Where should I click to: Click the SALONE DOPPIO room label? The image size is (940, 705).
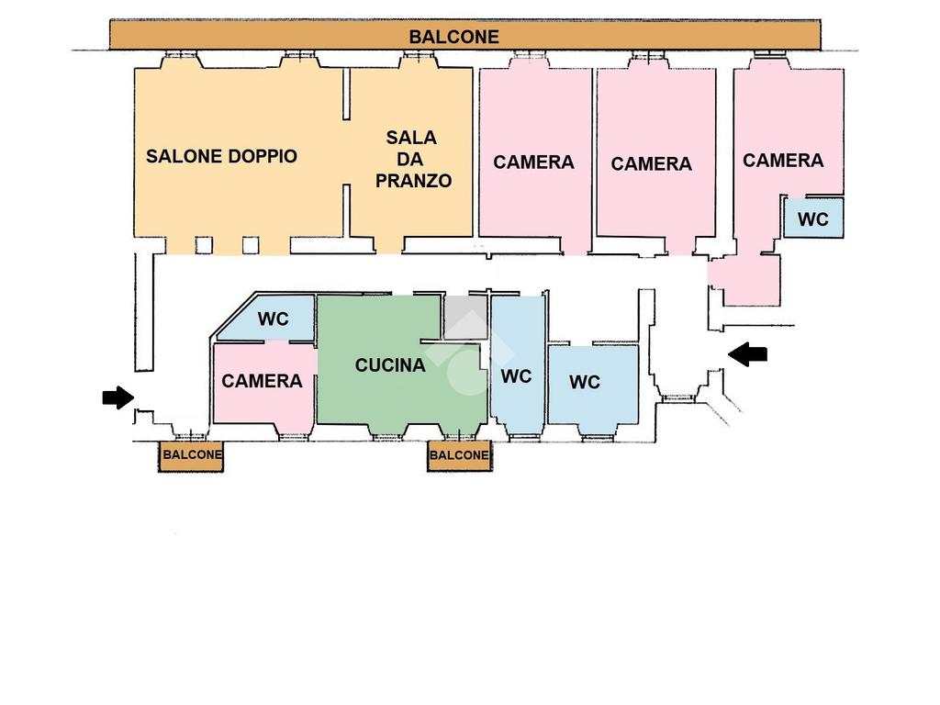click(221, 156)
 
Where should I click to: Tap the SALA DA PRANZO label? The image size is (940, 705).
click(412, 159)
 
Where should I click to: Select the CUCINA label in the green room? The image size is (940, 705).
click(390, 365)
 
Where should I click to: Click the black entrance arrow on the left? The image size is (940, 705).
click(117, 397)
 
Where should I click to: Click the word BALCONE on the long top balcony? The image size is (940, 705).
click(454, 37)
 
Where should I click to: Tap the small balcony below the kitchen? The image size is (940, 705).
click(459, 455)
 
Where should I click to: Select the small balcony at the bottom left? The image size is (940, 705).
click(191, 455)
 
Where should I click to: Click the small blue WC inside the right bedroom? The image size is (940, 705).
click(812, 219)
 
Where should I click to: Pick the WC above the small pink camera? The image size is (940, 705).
click(273, 319)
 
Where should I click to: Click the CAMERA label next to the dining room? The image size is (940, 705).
click(533, 162)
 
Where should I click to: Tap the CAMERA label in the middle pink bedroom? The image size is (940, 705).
click(651, 164)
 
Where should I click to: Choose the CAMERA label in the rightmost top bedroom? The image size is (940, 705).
click(783, 161)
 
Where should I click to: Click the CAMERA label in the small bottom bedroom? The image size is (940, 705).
click(262, 381)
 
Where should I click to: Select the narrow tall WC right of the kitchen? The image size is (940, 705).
click(516, 376)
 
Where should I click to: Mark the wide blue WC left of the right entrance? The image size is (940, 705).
click(585, 383)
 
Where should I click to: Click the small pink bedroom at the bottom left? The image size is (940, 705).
click(262, 404)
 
